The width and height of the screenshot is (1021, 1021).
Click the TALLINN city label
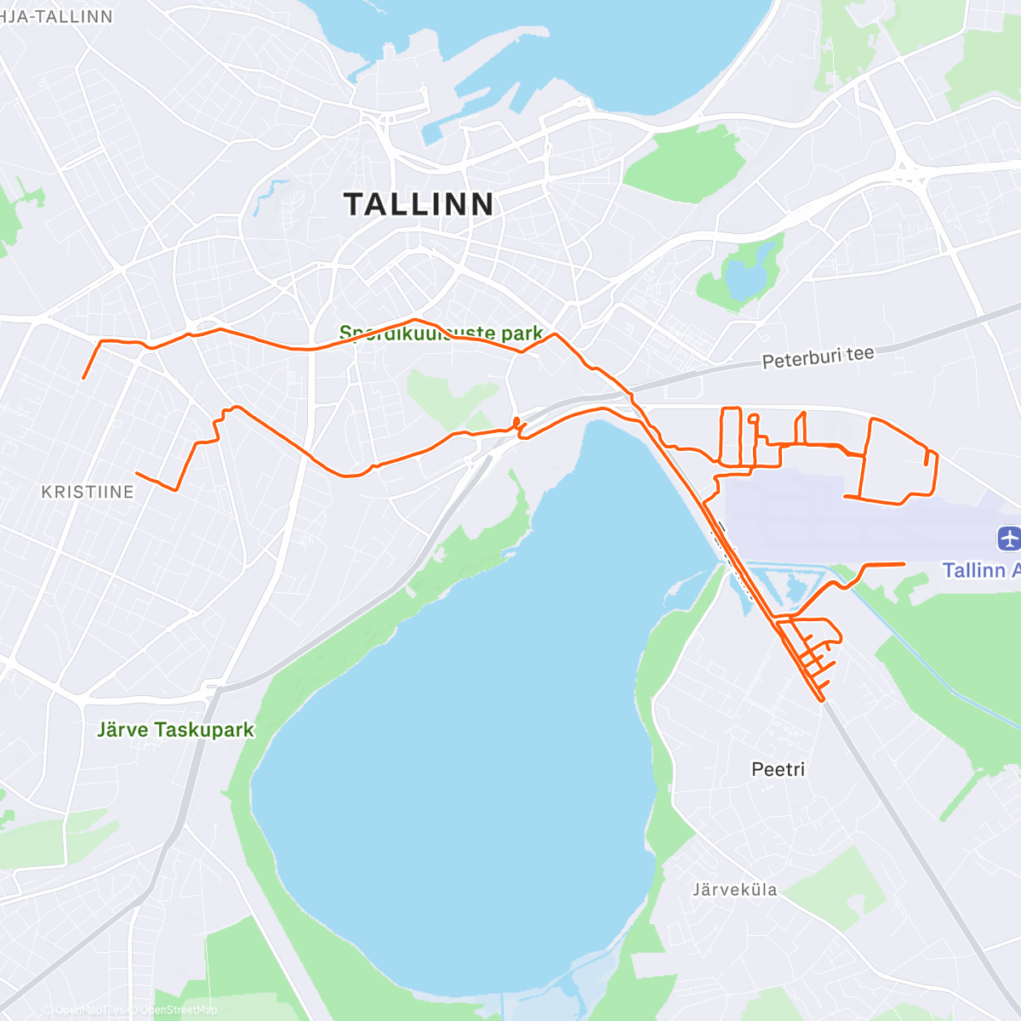click(419, 204)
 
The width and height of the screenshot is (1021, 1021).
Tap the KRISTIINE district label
click(88, 492)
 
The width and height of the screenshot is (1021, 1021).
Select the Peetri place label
click(778, 769)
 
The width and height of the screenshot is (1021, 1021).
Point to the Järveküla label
click(734, 890)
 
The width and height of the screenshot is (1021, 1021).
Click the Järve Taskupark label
click(175, 730)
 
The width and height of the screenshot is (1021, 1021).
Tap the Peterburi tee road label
click(818, 357)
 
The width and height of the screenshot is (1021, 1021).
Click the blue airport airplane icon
click(1009, 539)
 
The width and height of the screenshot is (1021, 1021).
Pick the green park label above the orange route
click(441, 333)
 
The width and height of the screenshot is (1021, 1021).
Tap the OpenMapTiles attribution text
click(88, 1010)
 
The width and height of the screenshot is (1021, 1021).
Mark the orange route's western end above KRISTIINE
click(83, 378)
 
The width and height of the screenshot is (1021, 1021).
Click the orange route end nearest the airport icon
click(903, 564)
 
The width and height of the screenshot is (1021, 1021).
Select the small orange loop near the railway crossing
click(516, 422)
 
